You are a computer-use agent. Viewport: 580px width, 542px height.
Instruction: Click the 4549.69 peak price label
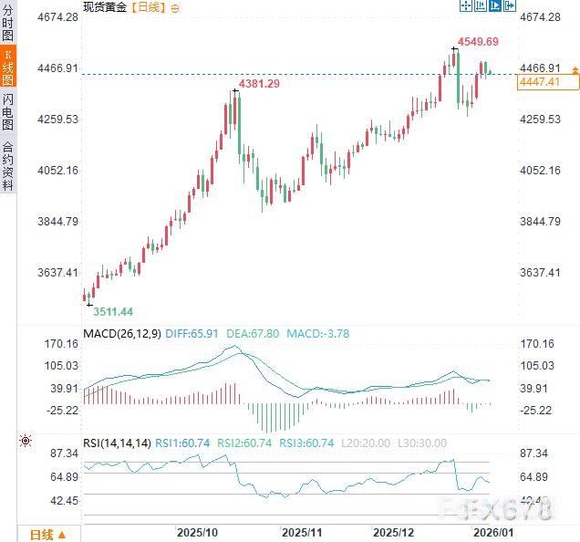click(x=479, y=41)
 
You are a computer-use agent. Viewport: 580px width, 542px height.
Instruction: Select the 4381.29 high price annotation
click(x=259, y=84)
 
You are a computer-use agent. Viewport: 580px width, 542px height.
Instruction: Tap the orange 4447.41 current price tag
click(x=538, y=82)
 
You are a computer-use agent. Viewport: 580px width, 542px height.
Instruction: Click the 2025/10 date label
click(x=196, y=531)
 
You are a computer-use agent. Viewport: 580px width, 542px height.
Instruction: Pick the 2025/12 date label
click(x=394, y=531)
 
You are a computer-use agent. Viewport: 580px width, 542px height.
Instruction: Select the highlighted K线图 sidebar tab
click(x=8, y=69)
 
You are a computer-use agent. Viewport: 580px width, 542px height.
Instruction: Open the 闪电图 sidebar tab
click(x=8, y=111)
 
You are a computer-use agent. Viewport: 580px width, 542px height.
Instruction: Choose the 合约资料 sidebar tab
click(x=8, y=164)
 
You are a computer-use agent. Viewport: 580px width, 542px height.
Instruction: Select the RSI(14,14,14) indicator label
click(x=117, y=443)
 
